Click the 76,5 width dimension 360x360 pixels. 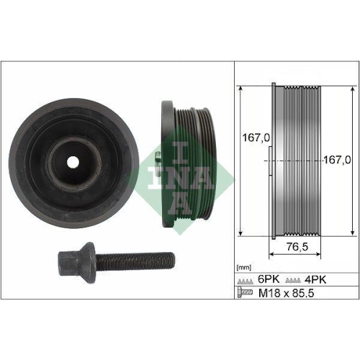[289, 246]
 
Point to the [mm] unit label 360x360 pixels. [243, 267]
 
